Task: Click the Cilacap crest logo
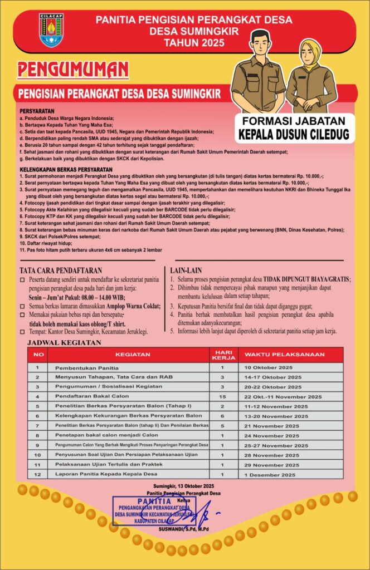[51, 30]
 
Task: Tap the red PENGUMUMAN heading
[73, 70]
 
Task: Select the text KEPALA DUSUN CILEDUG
[294, 134]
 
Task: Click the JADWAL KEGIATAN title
[64, 342]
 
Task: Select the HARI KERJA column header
[223, 354]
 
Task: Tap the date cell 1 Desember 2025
[270, 475]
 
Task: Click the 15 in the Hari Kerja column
[222, 397]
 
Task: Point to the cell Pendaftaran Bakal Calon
[91, 397]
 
